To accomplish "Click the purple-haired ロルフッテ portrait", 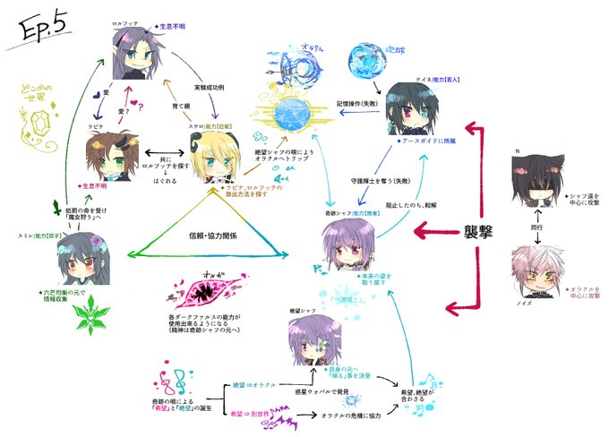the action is click(x=132, y=55).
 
